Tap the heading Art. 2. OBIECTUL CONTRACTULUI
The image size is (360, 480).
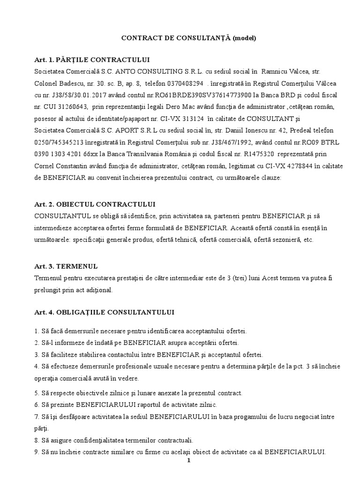(x=95, y=205)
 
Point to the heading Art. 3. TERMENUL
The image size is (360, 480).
(x=66, y=266)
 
